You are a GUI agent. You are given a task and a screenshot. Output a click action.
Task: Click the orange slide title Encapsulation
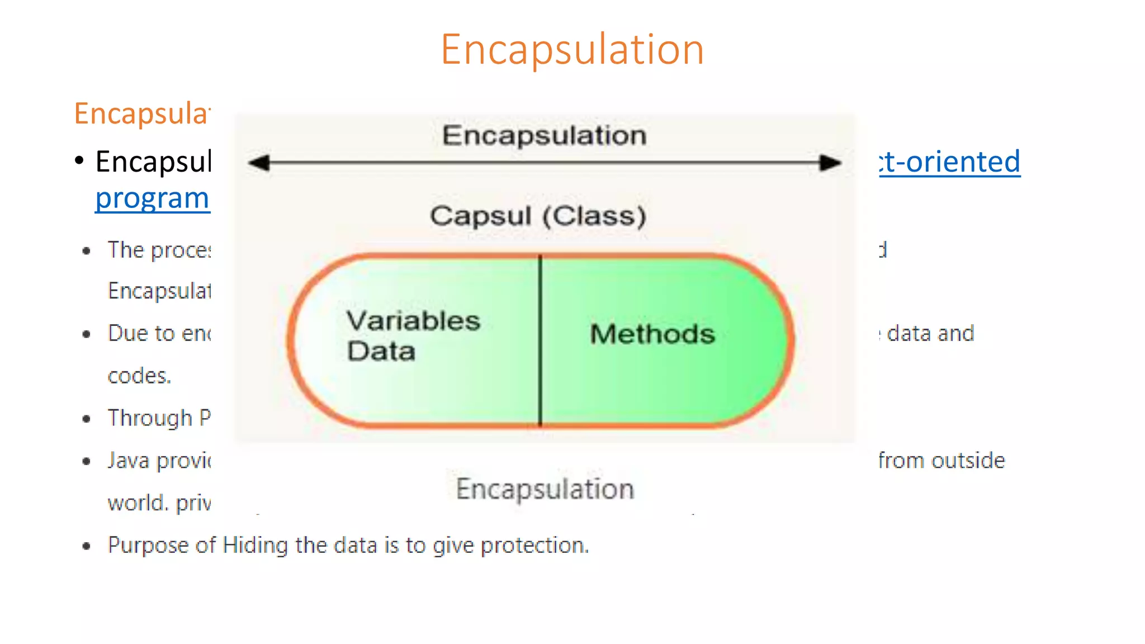[x=572, y=49]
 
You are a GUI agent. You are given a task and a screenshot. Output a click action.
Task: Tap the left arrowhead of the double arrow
[x=259, y=163]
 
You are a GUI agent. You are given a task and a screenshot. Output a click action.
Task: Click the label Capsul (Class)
[x=538, y=216]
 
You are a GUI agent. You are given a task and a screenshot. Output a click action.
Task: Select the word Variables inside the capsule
[x=413, y=321]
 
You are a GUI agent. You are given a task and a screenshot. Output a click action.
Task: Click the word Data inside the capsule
[x=381, y=351]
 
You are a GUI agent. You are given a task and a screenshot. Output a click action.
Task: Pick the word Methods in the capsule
[x=652, y=334]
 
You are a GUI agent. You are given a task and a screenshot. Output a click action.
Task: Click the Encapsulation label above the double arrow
[x=544, y=135]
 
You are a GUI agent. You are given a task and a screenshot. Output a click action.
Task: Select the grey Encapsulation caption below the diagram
[x=545, y=489]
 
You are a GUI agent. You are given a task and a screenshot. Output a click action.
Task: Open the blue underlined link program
[x=152, y=198]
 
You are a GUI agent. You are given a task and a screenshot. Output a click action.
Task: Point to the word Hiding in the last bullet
[x=255, y=545]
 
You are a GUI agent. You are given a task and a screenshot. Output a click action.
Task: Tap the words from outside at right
[x=941, y=461]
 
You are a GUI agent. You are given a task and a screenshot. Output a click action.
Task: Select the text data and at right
[x=930, y=333]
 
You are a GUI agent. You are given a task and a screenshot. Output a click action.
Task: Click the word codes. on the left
[x=139, y=376]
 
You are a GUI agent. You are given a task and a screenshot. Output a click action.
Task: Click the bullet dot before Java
[x=86, y=461]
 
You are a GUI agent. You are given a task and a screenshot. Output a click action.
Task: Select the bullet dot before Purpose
[x=86, y=546]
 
